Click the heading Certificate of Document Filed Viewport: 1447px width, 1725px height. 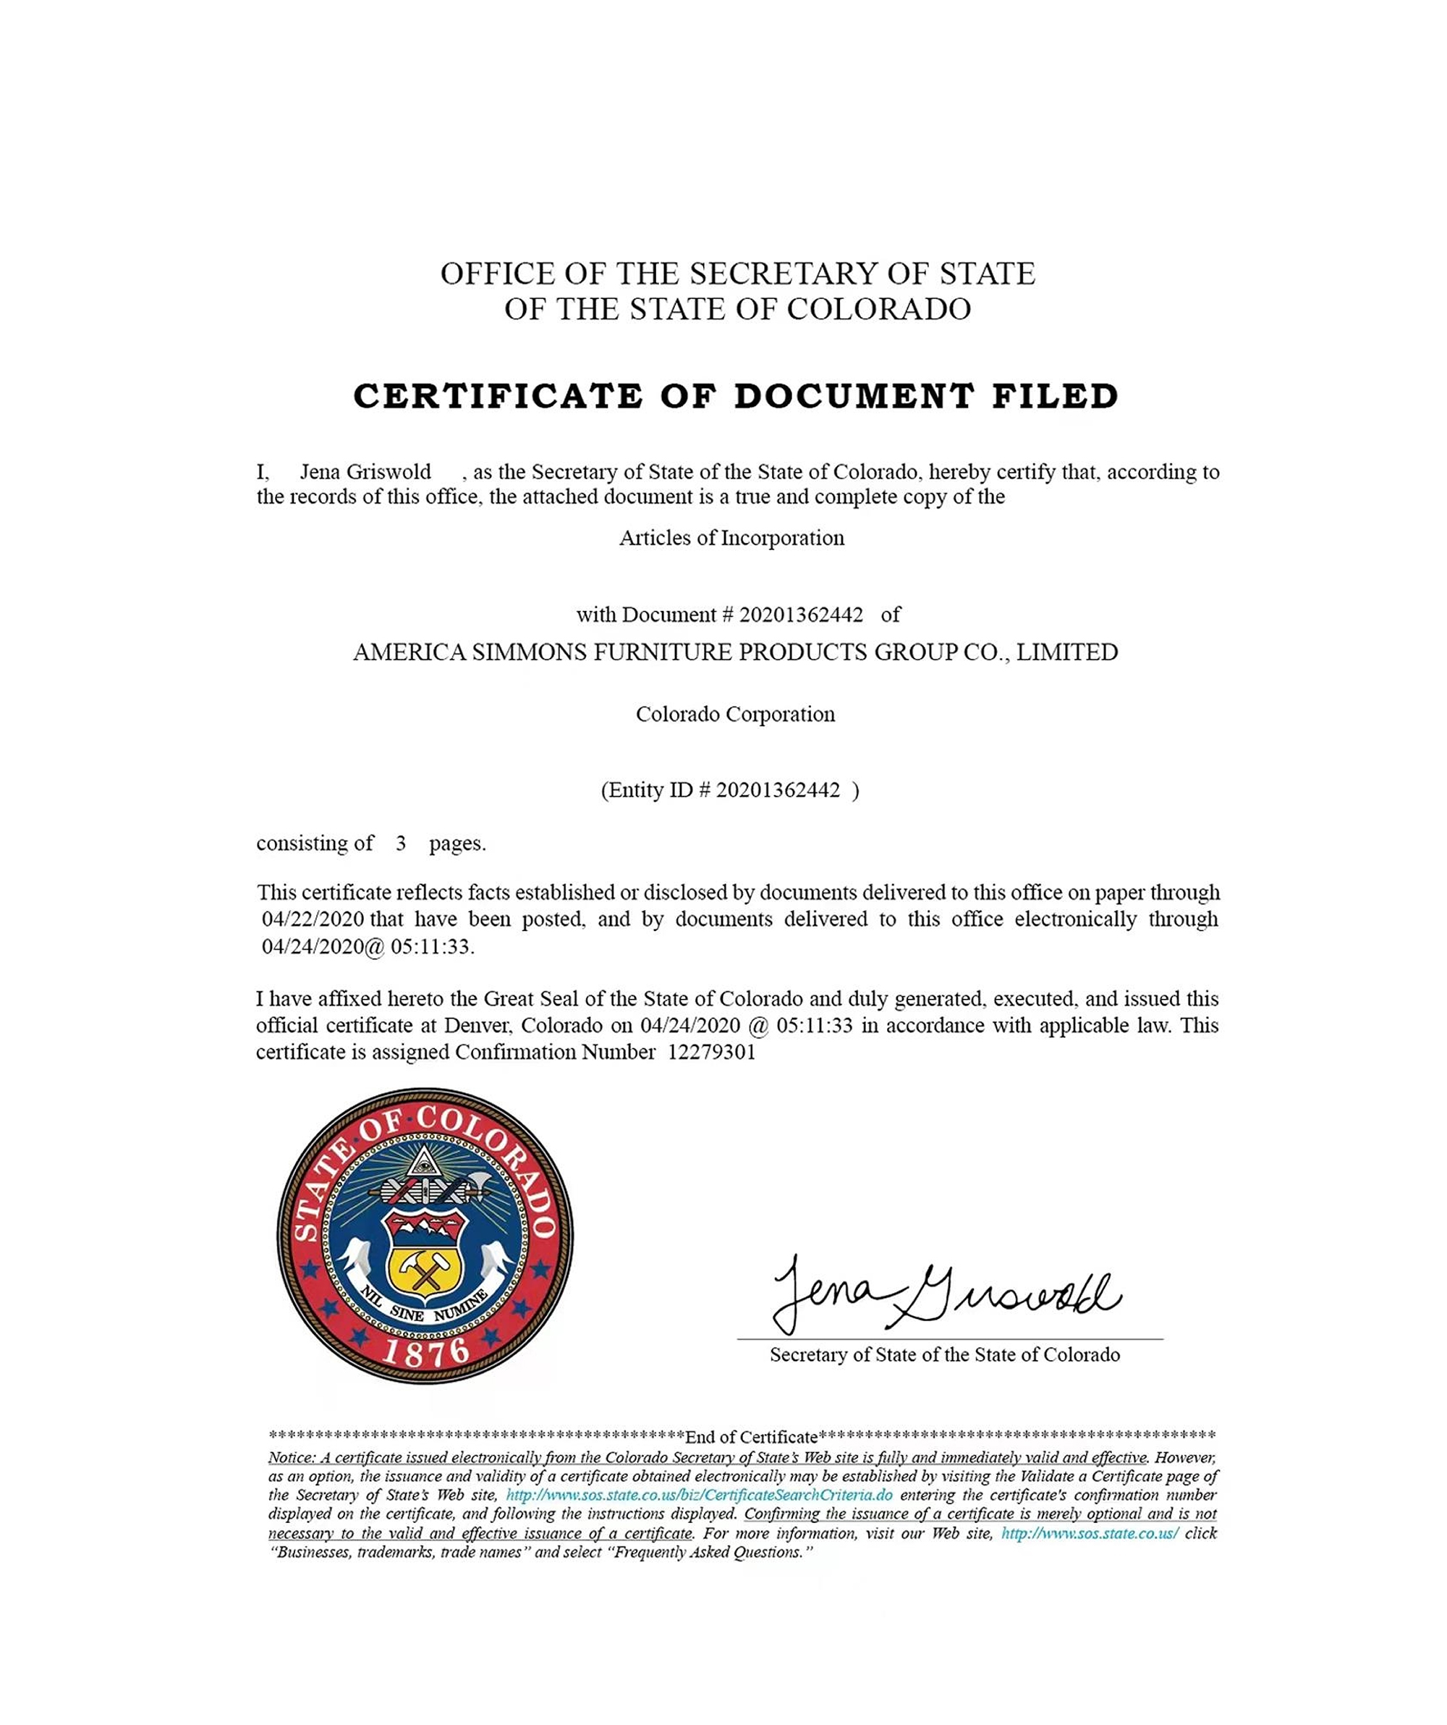click(736, 396)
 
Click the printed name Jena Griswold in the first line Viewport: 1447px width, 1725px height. click(365, 472)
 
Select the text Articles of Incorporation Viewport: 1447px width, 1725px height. click(731, 538)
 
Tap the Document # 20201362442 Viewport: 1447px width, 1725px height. click(801, 615)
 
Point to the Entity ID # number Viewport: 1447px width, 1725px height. click(778, 790)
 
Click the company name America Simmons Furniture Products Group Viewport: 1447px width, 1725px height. click(735, 652)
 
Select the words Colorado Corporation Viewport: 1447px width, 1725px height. click(735, 714)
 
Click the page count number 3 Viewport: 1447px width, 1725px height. click(401, 843)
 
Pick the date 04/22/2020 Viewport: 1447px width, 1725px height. click(313, 919)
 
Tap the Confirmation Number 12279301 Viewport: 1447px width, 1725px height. click(711, 1053)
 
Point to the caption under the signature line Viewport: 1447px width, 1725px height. click(944, 1355)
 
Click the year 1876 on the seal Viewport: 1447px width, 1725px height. click(425, 1353)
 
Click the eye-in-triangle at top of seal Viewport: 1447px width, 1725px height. click(424, 1163)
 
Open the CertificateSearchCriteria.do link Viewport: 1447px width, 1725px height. click(699, 1496)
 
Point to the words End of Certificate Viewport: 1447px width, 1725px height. click(752, 1438)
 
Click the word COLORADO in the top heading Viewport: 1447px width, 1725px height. click(879, 310)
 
